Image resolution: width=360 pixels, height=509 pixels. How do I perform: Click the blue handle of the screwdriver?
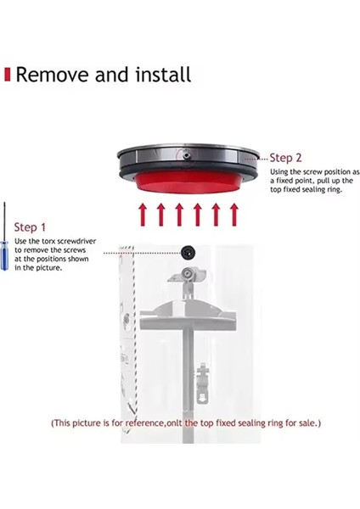(5, 254)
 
